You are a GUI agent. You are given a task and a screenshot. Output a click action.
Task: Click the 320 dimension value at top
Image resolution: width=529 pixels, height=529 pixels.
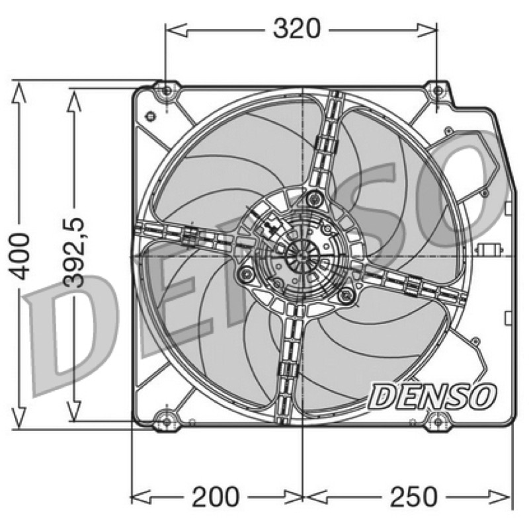point(296,28)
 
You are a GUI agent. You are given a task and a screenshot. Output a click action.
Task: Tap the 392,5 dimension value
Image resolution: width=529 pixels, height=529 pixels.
point(74,253)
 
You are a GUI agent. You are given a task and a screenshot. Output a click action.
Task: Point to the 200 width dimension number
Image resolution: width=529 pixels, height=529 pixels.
point(216,497)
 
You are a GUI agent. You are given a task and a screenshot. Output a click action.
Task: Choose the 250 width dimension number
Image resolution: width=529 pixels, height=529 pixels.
point(413,497)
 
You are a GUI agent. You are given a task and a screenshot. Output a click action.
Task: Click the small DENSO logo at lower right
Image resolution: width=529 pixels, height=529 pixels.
point(432,396)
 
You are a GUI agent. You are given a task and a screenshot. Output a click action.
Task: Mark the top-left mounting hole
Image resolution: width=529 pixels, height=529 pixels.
point(167,91)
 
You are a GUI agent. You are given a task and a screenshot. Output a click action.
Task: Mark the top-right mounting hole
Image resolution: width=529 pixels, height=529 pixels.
point(438,91)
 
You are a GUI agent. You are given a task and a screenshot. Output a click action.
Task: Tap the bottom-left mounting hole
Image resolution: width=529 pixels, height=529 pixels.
point(167,421)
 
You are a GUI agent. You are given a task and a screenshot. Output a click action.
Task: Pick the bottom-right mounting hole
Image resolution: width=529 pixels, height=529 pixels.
point(438,422)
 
